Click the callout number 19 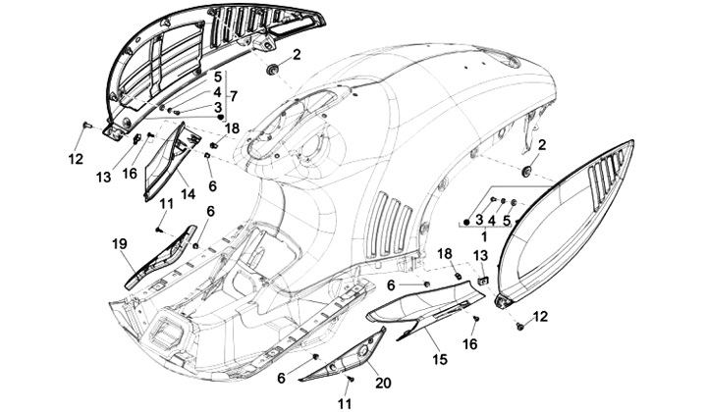point(119,243)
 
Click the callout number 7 point(234,95)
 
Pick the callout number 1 point(483,235)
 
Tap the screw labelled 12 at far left point(86,126)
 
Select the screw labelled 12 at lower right point(519,324)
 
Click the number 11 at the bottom point(345,403)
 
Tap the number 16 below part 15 point(470,344)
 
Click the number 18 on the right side point(445,253)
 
